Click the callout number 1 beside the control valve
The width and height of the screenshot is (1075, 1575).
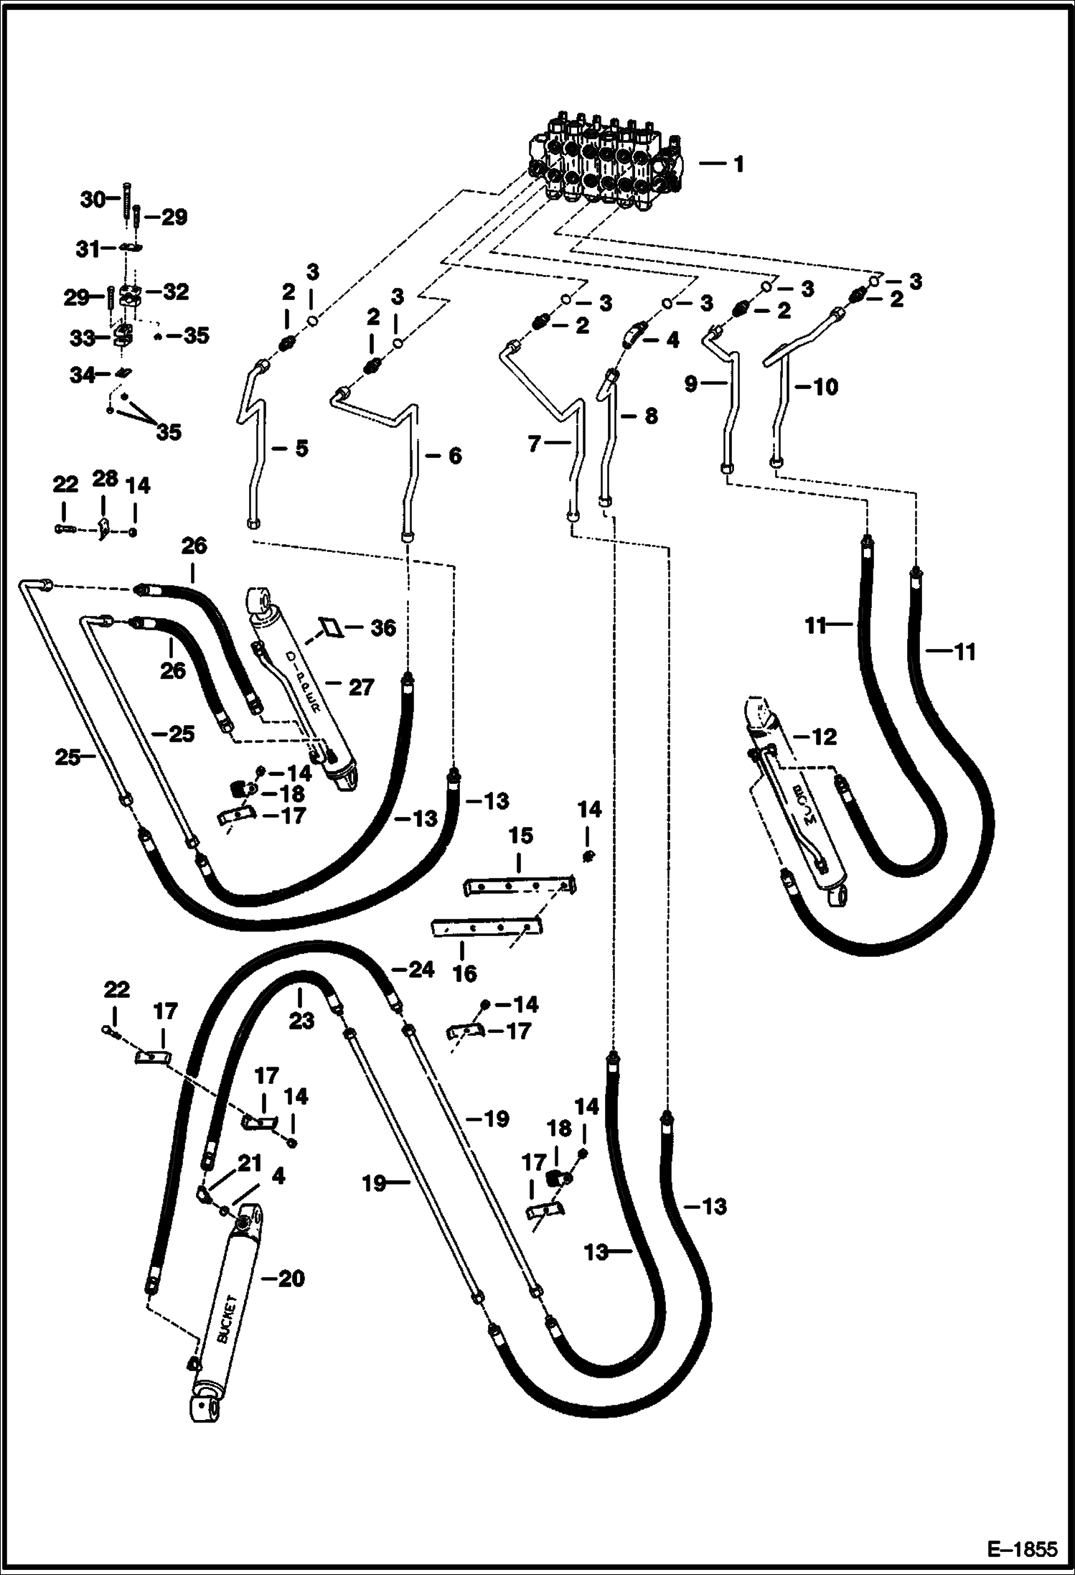point(738,164)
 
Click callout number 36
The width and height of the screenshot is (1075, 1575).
point(382,628)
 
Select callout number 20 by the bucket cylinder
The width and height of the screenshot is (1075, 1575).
point(291,1279)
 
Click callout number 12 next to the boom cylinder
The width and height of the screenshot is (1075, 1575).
point(824,737)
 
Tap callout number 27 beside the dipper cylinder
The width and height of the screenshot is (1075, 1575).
point(361,688)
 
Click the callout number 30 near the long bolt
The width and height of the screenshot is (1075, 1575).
point(93,200)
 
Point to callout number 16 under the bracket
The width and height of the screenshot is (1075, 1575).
point(465,973)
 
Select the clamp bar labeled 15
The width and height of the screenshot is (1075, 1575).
point(518,887)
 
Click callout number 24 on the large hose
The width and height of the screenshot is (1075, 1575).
point(421,969)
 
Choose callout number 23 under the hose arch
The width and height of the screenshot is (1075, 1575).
point(301,1020)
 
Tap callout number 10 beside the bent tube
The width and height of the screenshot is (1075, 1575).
point(826,387)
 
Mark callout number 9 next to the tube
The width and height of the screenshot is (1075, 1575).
point(691,384)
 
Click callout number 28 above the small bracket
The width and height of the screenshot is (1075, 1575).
point(105,479)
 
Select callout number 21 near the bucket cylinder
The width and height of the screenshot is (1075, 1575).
point(249,1164)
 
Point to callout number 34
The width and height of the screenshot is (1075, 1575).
point(83,375)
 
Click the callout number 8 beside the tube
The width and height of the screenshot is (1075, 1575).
point(651,416)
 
